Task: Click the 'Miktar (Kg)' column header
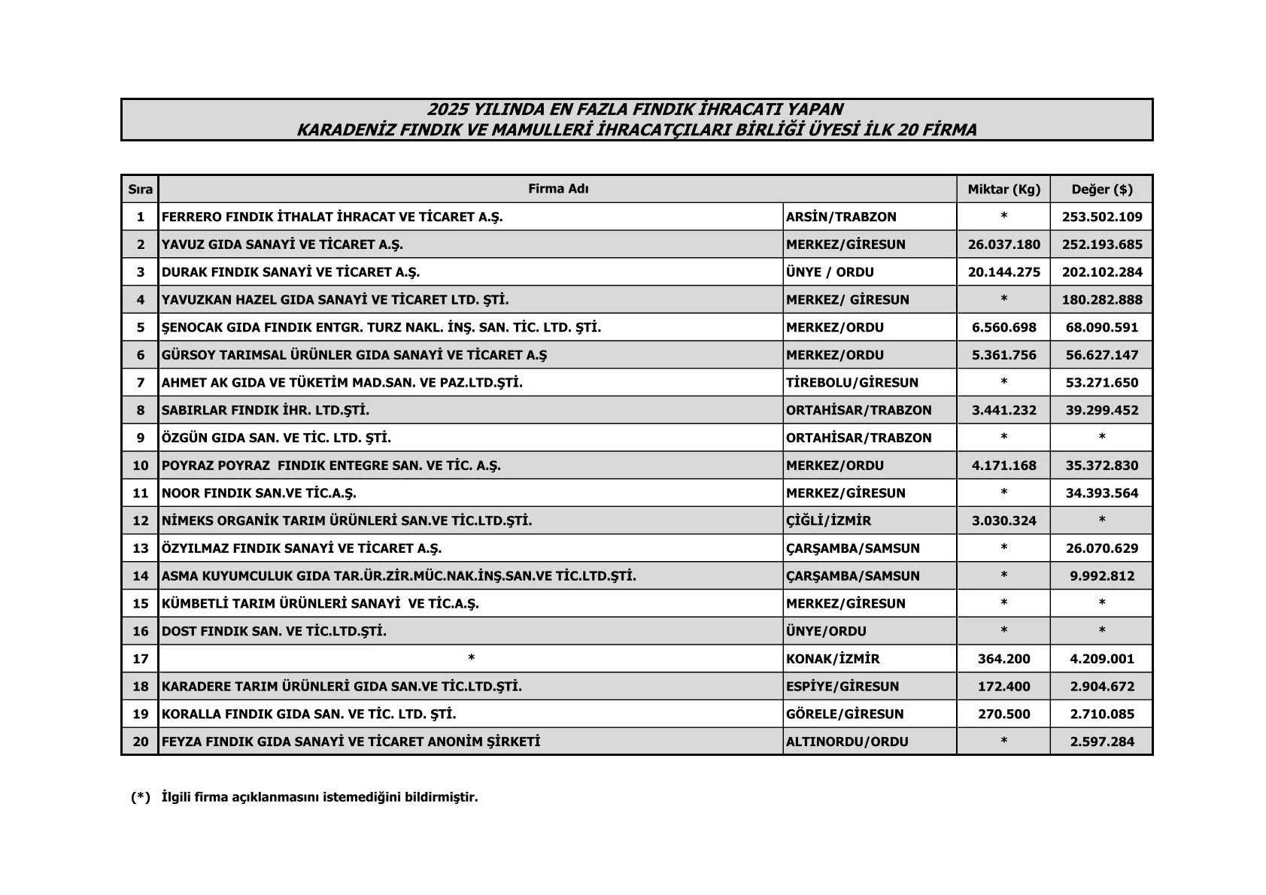(x=1003, y=190)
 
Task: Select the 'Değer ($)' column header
(x=1101, y=190)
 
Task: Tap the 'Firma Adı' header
(x=557, y=189)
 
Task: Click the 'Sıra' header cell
(x=140, y=190)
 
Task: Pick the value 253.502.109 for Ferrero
(x=1101, y=217)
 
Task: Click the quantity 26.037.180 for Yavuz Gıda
(x=1003, y=244)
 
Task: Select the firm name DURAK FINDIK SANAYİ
(x=290, y=272)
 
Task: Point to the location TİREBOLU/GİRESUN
(x=852, y=383)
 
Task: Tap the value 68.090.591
(x=1101, y=328)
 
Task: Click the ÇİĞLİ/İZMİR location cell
(x=828, y=520)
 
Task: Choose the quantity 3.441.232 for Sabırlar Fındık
(x=1003, y=411)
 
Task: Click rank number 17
(x=140, y=659)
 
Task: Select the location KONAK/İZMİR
(x=832, y=659)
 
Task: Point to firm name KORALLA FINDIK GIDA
(x=308, y=714)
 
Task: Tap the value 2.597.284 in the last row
(x=1101, y=742)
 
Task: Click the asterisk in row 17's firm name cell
(x=471, y=659)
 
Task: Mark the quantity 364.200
(x=1003, y=659)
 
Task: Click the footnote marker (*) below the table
(x=141, y=797)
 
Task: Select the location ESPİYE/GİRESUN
(x=842, y=687)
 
